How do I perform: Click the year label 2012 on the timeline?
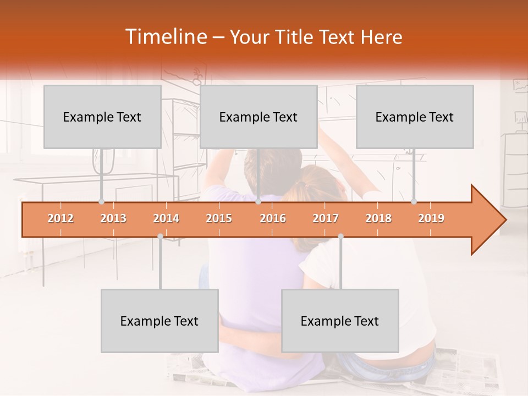[x=61, y=218]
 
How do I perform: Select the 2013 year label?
[x=113, y=218]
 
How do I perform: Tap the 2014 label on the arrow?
[x=166, y=218]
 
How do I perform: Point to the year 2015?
[x=219, y=218]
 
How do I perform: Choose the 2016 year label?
[x=273, y=218]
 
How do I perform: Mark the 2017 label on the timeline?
[x=326, y=218]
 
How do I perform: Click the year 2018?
[x=378, y=218]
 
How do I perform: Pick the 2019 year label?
[x=431, y=218]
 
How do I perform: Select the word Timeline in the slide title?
[x=165, y=37]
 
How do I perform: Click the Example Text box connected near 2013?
[x=102, y=117]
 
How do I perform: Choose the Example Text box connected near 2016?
[x=258, y=117]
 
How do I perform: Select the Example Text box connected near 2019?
[x=415, y=117]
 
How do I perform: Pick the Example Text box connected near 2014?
[x=159, y=321]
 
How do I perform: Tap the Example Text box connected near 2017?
[x=340, y=321]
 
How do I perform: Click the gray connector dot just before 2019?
[x=414, y=201]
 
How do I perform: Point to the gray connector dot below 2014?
[x=160, y=236]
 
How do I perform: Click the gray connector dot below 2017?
[x=340, y=236]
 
